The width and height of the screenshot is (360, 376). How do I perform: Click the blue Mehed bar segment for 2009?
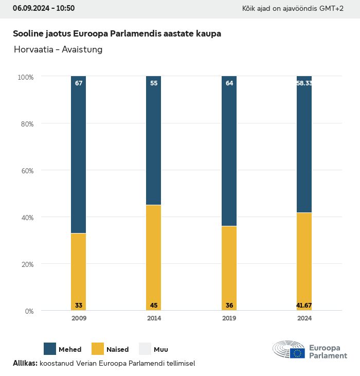click(79, 154)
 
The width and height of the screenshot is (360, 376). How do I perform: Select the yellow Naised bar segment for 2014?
click(154, 257)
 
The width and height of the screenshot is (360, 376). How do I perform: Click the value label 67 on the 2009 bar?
click(79, 83)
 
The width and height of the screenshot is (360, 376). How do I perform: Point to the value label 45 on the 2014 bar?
click(154, 306)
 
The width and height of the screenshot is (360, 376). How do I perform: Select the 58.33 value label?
click(304, 83)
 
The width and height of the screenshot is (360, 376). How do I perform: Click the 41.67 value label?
click(304, 306)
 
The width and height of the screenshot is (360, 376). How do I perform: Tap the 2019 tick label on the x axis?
click(229, 318)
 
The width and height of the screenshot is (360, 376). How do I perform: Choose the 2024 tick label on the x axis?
click(304, 318)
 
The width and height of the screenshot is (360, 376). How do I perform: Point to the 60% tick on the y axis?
click(26, 170)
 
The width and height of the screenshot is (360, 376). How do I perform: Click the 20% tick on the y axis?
click(26, 264)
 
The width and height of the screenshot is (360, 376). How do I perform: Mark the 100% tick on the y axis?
click(25, 77)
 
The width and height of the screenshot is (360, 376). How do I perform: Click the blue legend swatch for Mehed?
click(50, 349)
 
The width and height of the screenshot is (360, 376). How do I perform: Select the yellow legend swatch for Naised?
click(98, 349)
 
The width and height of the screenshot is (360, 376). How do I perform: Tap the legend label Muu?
click(160, 350)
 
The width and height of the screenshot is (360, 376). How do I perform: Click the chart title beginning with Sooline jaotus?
click(117, 34)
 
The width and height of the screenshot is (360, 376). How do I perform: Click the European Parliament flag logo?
click(297, 353)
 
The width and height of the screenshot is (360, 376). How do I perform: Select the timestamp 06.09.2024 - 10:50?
click(44, 8)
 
